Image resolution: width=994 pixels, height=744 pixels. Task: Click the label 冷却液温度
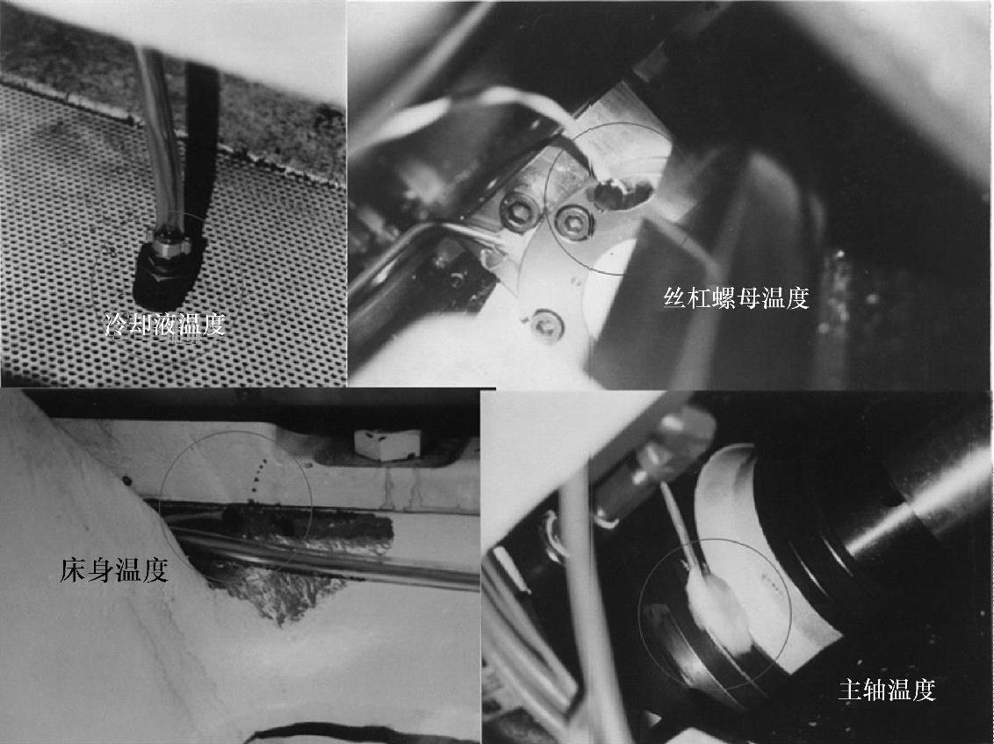165,325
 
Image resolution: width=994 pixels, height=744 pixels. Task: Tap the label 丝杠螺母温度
737,297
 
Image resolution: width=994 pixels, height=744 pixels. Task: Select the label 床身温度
114,570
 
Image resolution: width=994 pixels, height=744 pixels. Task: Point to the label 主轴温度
887,689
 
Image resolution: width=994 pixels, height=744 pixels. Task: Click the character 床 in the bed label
73,570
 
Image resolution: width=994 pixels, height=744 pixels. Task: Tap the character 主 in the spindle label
850,689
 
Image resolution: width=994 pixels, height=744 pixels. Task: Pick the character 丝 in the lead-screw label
676,297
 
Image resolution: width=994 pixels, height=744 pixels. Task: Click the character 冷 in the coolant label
117,325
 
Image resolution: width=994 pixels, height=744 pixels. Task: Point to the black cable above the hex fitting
202,146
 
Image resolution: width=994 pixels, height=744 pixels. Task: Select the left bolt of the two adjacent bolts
519,211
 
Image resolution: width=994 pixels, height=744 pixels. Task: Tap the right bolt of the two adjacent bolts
573,222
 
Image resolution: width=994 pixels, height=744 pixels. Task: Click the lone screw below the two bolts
547,325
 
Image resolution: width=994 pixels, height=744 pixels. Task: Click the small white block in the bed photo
387,444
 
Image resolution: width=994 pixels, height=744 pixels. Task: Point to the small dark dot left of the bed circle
127,481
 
